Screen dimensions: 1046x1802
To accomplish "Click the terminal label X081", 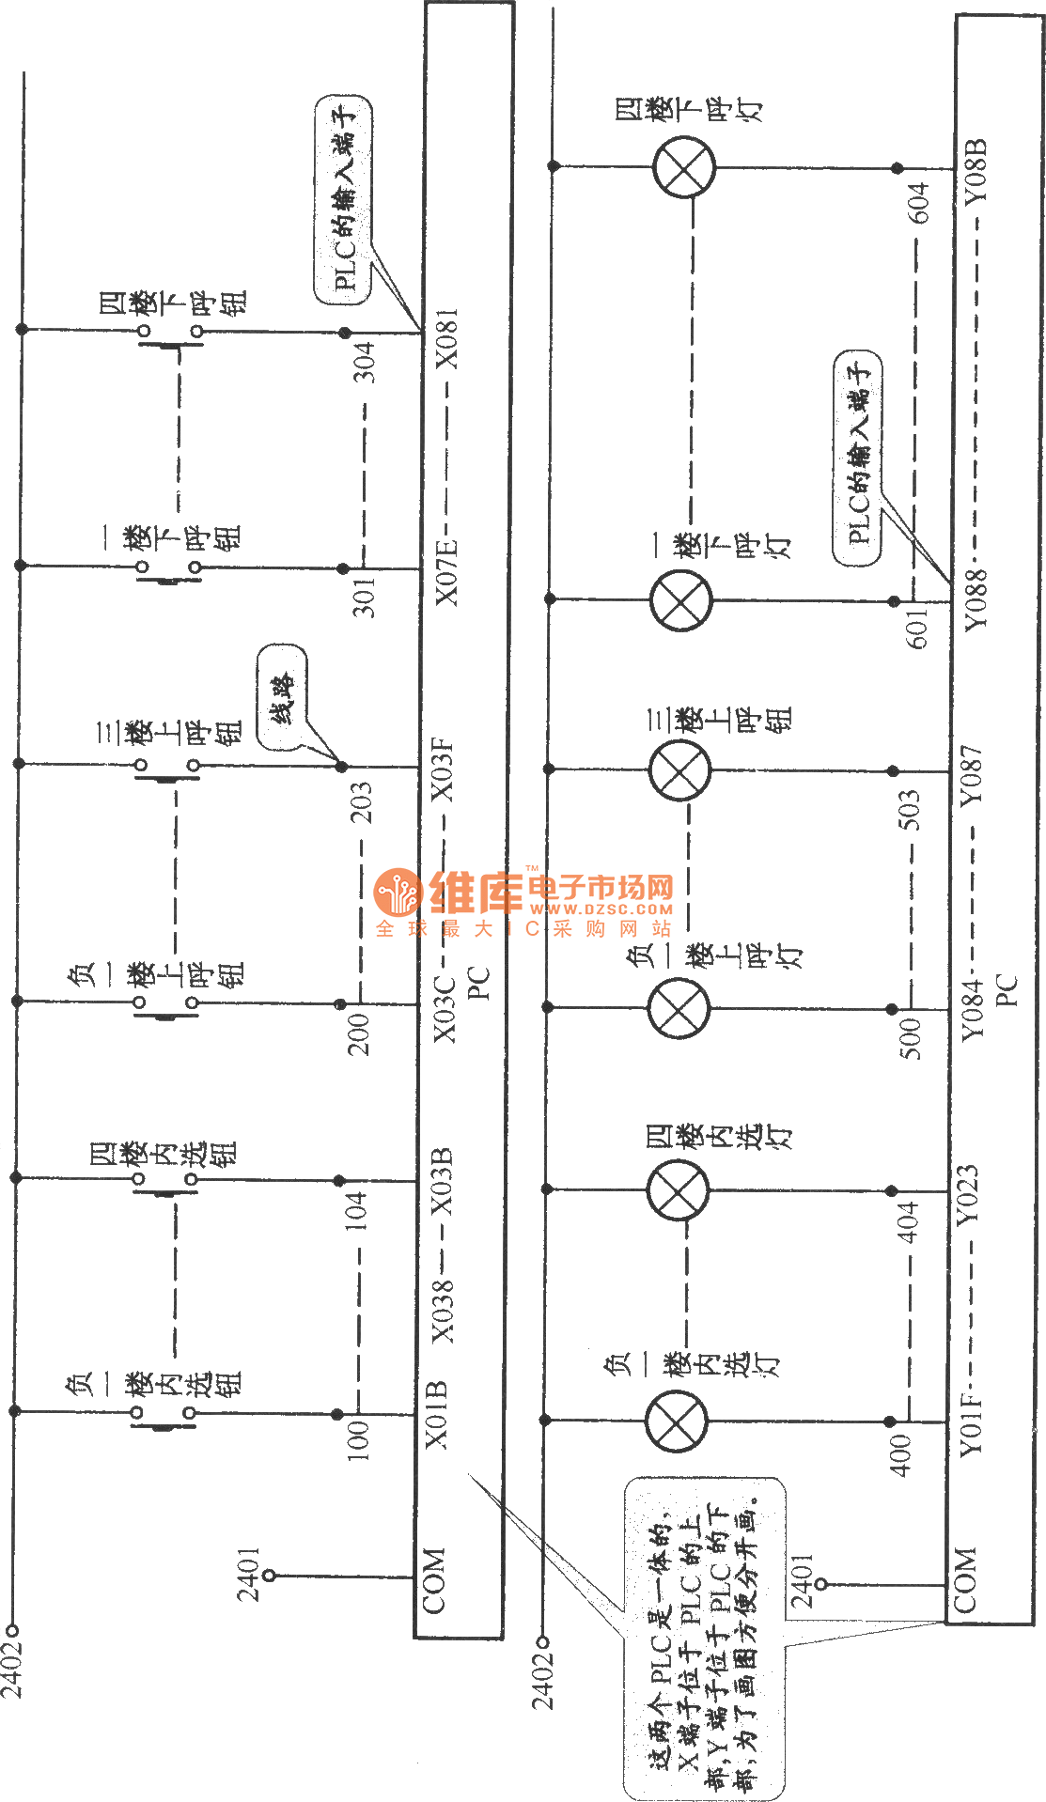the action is tap(446, 339).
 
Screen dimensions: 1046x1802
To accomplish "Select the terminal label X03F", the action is tap(443, 771).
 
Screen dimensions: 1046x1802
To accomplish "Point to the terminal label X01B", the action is tap(437, 1415).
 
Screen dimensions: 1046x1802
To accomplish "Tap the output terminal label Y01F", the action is tap(970, 1422).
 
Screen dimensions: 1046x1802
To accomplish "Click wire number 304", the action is tap(364, 362).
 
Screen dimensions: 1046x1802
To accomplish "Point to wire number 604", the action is tap(918, 203).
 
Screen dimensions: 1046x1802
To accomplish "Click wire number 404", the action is tap(908, 1221).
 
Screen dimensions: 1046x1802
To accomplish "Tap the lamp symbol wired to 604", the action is tap(684, 167).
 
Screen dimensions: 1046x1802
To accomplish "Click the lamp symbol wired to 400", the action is tap(677, 1421).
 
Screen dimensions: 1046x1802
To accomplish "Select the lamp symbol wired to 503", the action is tap(679, 769).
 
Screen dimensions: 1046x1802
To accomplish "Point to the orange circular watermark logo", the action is tap(398, 893).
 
